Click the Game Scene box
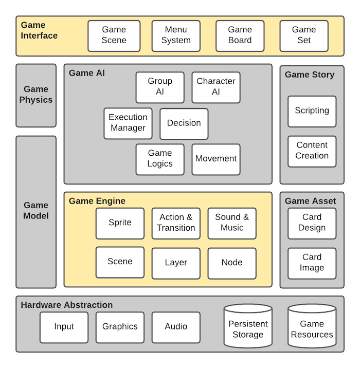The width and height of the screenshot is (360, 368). [x=114, y=35]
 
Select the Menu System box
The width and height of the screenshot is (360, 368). [x=176, y=35]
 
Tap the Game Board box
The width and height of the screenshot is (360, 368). [x=240, y=35]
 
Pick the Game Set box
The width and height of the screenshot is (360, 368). [x=304, y=35]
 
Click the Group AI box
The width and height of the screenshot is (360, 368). [x=160, y=87]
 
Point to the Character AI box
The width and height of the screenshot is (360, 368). [x=216, y=87]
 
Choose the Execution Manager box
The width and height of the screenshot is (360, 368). [x=128, y=123]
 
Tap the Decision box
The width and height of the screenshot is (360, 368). [x=184, y=123]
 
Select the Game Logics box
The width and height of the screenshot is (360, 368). [x=160, y=159]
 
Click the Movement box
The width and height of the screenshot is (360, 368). [x=216, y=159]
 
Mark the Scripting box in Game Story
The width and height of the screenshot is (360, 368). [x=312, y=111]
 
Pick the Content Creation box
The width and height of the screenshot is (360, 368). [x=312, y=151]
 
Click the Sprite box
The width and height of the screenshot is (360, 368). [x=120, y=223]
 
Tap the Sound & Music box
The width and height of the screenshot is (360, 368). [x=232, y=223]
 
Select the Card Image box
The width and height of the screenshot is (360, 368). [x=312, y=263]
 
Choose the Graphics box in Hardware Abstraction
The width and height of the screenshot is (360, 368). [x=120, y=327]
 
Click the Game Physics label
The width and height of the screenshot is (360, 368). [x=36, y=95]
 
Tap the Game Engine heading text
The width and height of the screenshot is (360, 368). [x=97, y=201]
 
